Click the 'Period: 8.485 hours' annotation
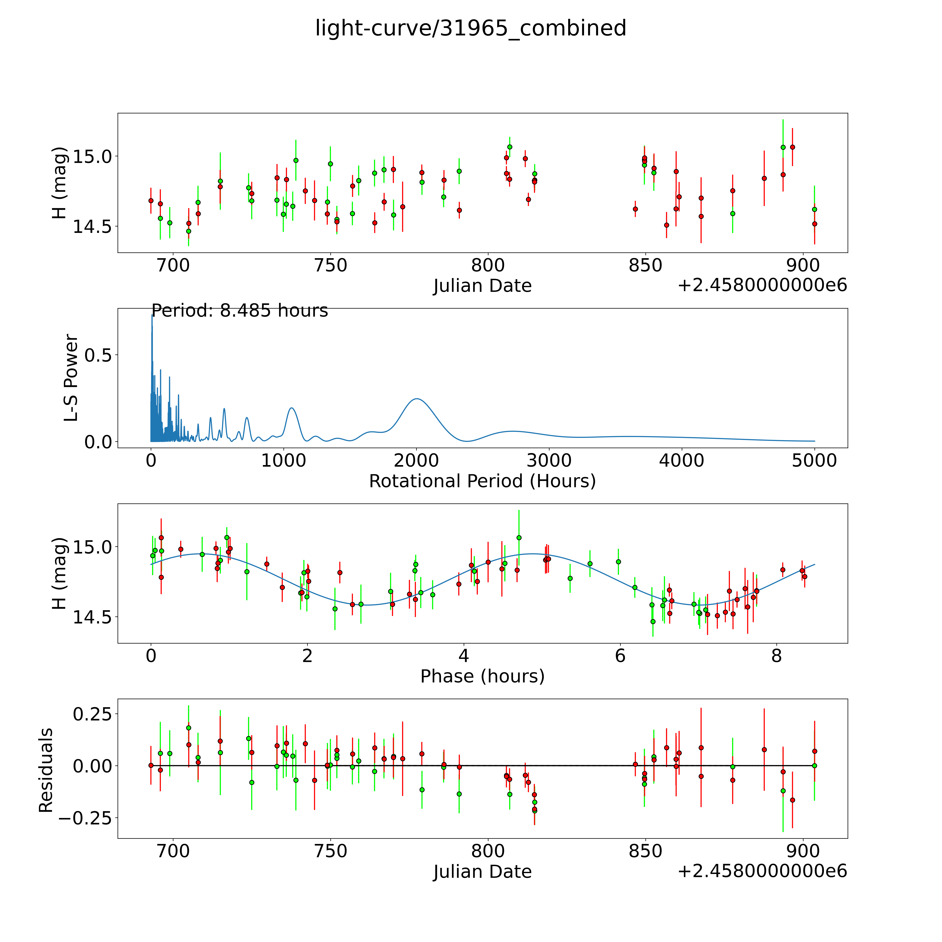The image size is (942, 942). tap(239, 311)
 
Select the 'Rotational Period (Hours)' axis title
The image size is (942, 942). tap(482, 481)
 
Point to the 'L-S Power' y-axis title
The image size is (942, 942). tap(71, 378)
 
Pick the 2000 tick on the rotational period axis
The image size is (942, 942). tap(416, 461)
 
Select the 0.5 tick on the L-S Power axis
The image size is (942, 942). tap(98, 355)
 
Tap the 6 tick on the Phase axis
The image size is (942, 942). tap(620, 656)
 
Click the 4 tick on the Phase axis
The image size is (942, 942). tap(463, 656)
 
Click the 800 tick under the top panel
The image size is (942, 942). tap(488, 266)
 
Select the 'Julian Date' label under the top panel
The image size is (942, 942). tap(482, 286)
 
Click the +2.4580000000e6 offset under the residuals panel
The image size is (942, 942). tap(762, 871)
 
